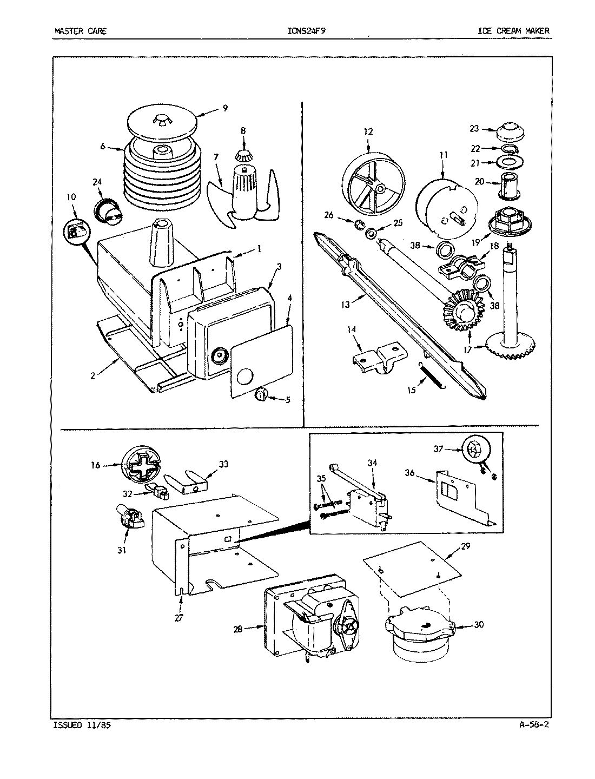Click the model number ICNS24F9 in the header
[x=307, y=31]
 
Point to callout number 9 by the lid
[x=224, y=108]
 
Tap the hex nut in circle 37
[x=472, y=449]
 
